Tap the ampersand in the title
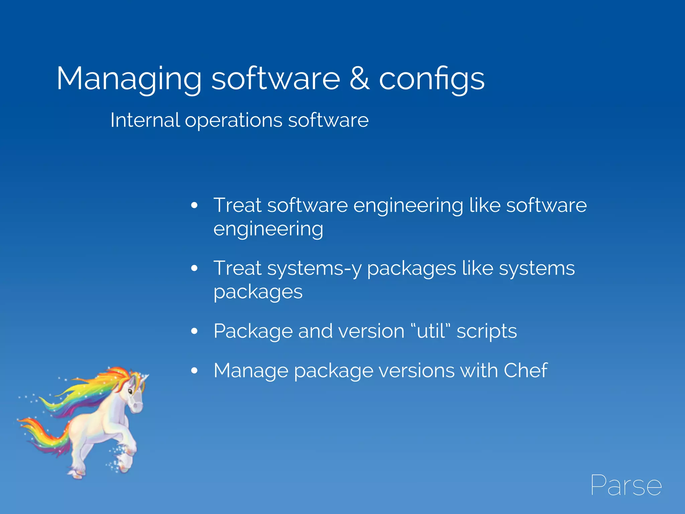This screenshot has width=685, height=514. pyautogui.click(x=360, y=78)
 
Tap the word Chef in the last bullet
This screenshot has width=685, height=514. pyautogui.click(x=525, y=370)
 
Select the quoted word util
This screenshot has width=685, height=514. pyautogui.click(x=431, y=331)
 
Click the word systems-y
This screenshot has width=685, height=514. pyautogui.click(x=314, y=269)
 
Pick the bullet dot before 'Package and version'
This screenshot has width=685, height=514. pyautogui.click(x=194, y=331)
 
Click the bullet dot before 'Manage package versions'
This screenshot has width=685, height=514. pyautogui.click(x=194, y=370)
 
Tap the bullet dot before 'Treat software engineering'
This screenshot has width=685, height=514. pyautogui.click(x=194, y=205)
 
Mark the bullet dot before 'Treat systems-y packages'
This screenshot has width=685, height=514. pyautogui.click(x=194, y=268)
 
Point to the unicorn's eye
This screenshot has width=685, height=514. pyautogui.click(x=130, y=391)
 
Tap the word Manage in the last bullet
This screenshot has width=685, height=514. pyautogui.click(x=251, y=371)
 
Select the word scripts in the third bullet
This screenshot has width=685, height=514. pyautogui.click(x=487, y=332)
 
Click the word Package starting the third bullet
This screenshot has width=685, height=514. pyautogui.click(x=253, y=332)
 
